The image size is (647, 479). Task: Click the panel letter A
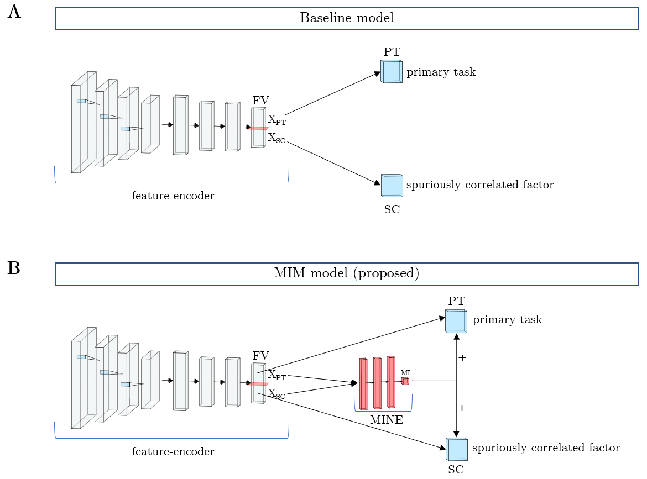pyautogui.click(x=14, y=12)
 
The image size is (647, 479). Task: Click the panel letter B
pyautogui.click(x=14, y=268)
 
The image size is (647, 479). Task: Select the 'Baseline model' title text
pyautogui.click(x=347, y=18)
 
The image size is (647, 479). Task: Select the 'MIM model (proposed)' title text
pyautogui.click(x=347, y=273)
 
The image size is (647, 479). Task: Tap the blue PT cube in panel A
pyautogui.click(x=392, y=72)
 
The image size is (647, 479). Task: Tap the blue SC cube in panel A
pyautogui.click(x=392, y=186)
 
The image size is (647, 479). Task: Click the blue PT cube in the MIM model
pyautogui.click(x=456, y=321)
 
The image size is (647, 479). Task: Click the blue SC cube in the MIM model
pyautogui.click(x=456, y=449)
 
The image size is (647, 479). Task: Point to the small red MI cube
pyautogui.click(x=405, y=381)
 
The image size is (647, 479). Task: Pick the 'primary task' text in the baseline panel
pyautogui.click(x=441, y=72)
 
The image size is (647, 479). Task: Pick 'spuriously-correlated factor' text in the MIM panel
pyautogui.click(x=546, y=448)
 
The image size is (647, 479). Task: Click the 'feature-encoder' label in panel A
pyautogui.click(x=173, y=196)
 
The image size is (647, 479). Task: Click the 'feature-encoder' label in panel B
pyautogui.click(x=173, y=451)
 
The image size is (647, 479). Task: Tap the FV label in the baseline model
pyautogui.click(x=261, y=101)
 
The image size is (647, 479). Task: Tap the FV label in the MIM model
pyautogui.click(x=261, y=356)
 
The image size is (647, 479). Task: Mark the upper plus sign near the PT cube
pyautogui.click(x=462, y=358)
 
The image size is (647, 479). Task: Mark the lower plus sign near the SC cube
pyautogui.click(x=462, y=408)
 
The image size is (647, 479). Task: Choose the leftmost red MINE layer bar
pyautogui.click(x=363, y=384)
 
